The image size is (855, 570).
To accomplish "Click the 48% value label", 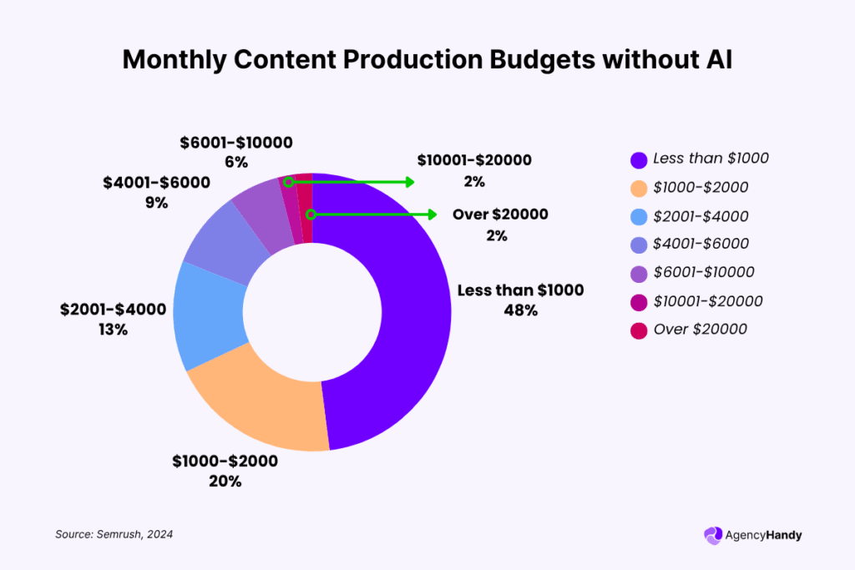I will [520, 310].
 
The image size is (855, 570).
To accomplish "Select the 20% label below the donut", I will [225, 481].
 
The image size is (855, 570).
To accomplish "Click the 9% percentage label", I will [156, 202].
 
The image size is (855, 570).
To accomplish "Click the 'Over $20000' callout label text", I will [500, 214].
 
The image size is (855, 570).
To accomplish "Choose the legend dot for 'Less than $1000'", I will [640, 159].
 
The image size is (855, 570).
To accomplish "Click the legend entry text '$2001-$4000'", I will [701, 216].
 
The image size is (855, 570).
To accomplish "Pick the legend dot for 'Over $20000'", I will [640, 329].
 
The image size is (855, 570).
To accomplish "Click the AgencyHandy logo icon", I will [713, 535].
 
